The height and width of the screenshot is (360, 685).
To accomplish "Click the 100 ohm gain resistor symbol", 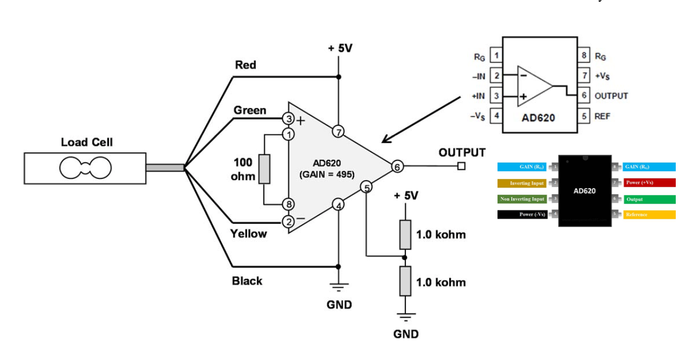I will pyautogui.click(x=264, y=169).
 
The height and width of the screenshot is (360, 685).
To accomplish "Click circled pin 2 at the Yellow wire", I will pyautogui.click(x=288, y=221).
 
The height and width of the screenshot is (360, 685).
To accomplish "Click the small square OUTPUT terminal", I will pyautogui.click(x=461, y=166).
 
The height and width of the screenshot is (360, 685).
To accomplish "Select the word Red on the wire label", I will pyautogui.click(x=245, y=65).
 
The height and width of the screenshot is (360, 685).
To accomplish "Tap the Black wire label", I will pyautogui.click(x=247, y=281).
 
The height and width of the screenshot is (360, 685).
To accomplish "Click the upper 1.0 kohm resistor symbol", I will pyautogui.click(x=405, y=234).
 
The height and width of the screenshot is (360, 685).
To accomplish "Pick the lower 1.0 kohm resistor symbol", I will pyautogui.click(x=405, y=281).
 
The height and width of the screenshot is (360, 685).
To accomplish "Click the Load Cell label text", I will pyautogui.click(x=87, y=143).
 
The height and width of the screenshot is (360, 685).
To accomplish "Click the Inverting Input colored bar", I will pyautogui.click(x=522, y=183).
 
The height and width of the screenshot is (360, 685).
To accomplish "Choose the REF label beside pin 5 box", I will pyautogui.click(x=602, y=116).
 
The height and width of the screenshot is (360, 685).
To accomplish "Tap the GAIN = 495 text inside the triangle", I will pyautogui.click(x=327, y=175).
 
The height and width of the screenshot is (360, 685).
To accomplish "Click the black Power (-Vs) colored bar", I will pyautogui.click(x=522, y=215).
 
